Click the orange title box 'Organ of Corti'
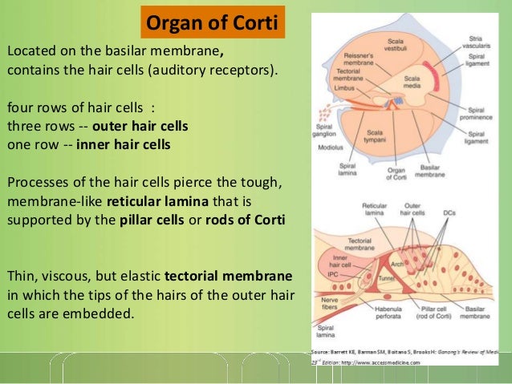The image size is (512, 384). coord(214,22)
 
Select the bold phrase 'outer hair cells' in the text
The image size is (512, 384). coord(140,126)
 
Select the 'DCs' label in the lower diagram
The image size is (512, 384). coord(451,212)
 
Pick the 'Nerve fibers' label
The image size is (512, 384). coord(325,303)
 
